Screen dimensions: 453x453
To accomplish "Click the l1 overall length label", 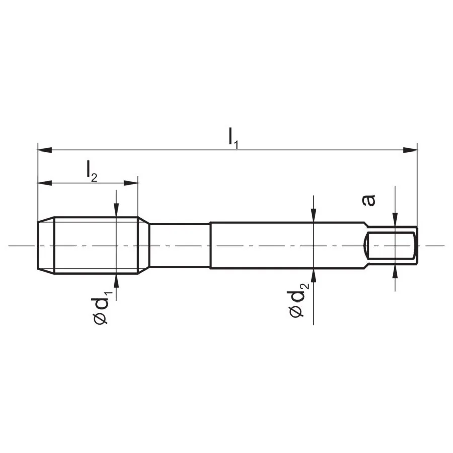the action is click(233, 138).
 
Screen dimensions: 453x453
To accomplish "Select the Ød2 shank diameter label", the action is click(298, 300).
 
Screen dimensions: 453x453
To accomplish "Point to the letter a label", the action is click(368, 200).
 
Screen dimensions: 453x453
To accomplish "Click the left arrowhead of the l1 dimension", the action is click(45, 150).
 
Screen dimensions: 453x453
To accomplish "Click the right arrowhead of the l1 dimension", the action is click(410, 150).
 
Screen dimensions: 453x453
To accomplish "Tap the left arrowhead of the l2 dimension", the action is click(45, 183).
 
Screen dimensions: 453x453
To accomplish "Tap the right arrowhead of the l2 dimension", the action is click(131, 183).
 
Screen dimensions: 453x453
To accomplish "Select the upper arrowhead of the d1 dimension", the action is click(116, 210).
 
